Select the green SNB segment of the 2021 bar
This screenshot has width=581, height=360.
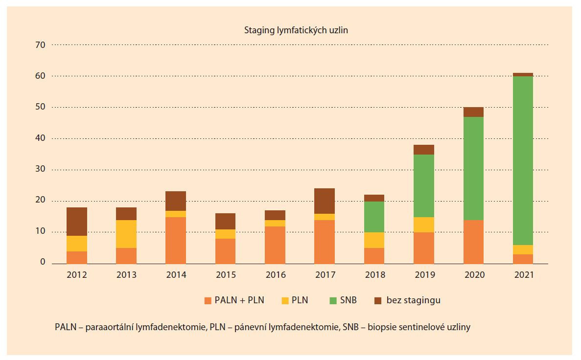pyautogui.click(x=523, y=160)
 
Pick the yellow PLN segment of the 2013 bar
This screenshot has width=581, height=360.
pyautogui.click(x=127, y=234)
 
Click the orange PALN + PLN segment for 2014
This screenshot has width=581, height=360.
pyautogui.click(x=176, y=240)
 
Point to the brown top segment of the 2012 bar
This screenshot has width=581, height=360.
pyautogui.click(x=77, y=222)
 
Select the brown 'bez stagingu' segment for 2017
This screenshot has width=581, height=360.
pyautogui.click(x=324, y=201)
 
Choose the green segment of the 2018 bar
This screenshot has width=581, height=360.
pyautogui.click(x=374, y=217)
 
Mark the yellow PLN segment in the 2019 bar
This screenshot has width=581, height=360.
pyautogui.click(x=424, y=225)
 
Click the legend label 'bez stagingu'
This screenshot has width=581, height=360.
pyautogui.click(x=413, y=300)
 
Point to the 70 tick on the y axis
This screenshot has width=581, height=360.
pyautogui.click(x=40, y=45)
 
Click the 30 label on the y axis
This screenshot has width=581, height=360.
pyautogui.click(x=40, y=170)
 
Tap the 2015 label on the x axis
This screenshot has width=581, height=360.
pyautogui.click(x=226, y=275)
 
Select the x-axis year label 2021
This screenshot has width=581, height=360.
pyautogui.click(x=524, y=275)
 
